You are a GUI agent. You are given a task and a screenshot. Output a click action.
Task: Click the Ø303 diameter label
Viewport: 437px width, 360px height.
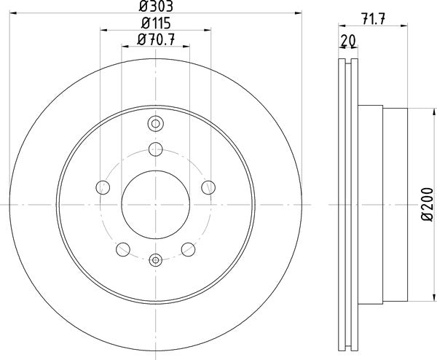coord(154,7)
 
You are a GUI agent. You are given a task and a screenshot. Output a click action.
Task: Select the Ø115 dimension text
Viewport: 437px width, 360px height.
coord(154,24)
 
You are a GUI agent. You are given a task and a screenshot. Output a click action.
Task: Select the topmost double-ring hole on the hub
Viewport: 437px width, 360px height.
coord(154,123)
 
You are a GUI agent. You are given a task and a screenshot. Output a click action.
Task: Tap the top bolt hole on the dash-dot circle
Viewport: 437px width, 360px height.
coord(154,149)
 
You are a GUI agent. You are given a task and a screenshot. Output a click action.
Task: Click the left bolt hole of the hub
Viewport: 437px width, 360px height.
coord(103,188)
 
